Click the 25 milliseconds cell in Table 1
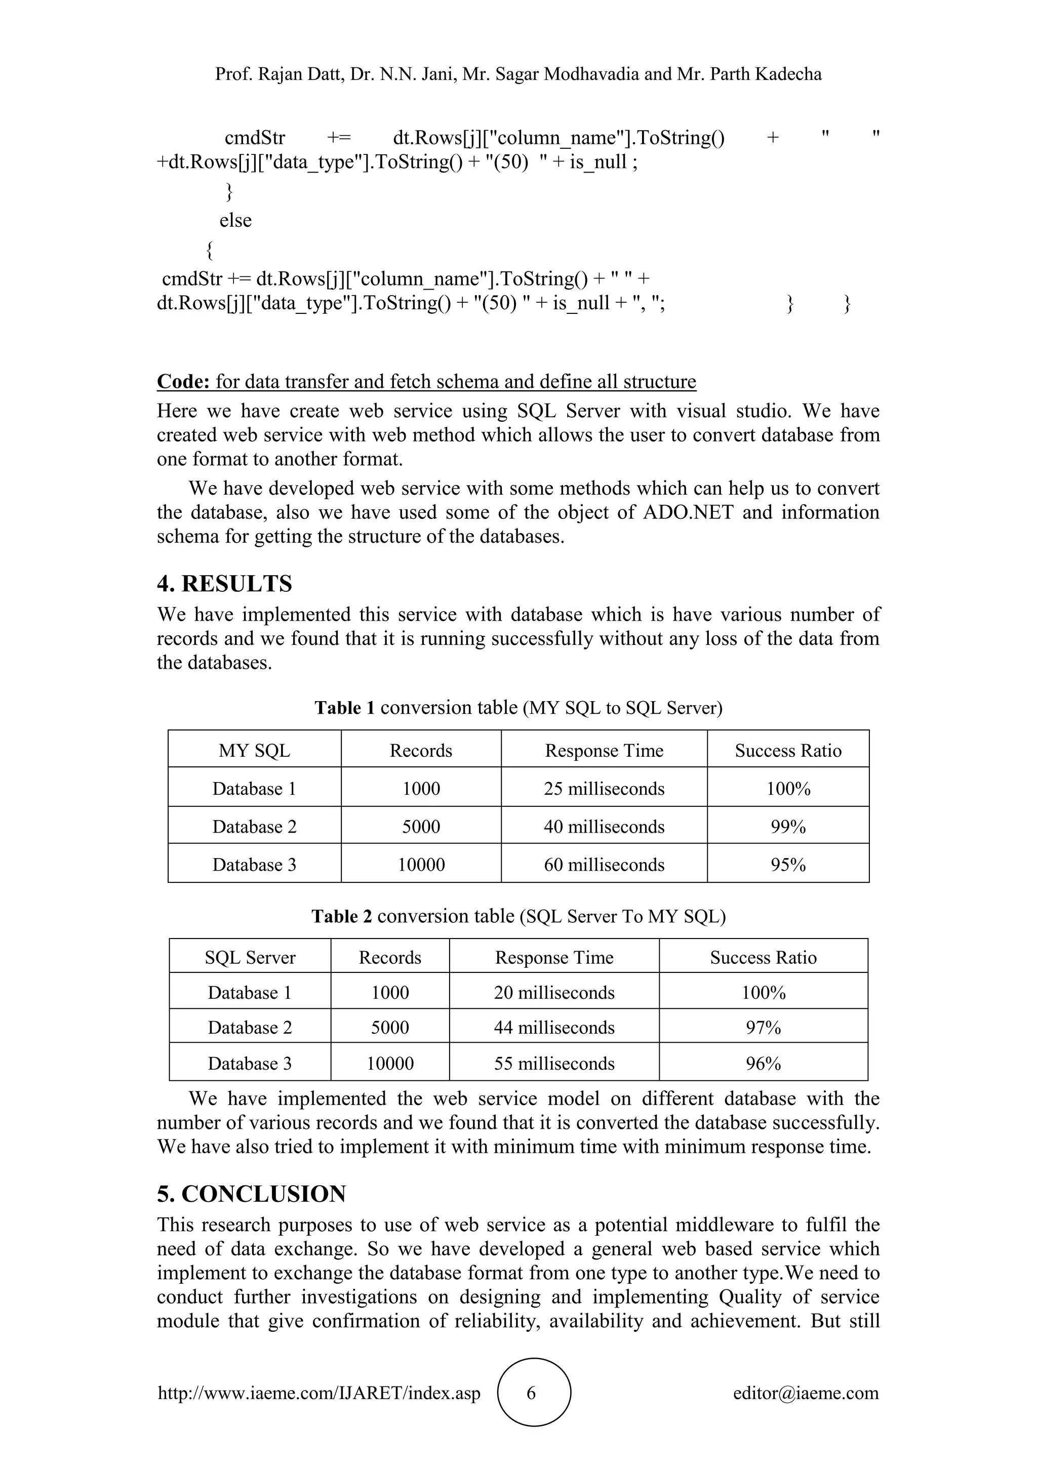(x=604, y=789)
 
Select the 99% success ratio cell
(x=788, y=826)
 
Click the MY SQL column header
(x=254, y=750)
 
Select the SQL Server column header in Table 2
(x=250, y=957)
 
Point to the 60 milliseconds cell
(x=604, y=865)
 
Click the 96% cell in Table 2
(x=763, y=1063)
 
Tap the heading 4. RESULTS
(x=224, y=584)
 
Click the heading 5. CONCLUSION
(x=251, y=1194)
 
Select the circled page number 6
(x=531, y=1393)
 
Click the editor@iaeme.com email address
(x=805, y=1393)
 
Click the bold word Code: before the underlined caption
(x=183, y=381)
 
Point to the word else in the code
(x=235, y=220)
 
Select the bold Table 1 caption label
(x=344, y=708)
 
